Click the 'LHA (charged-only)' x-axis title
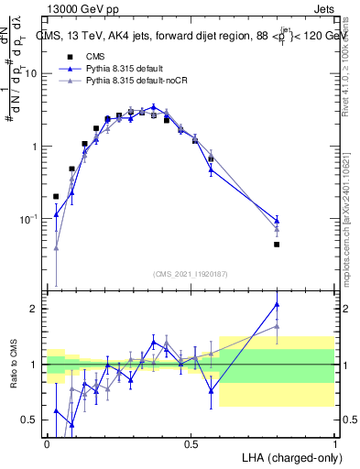pos(289,456)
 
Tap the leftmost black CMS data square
pos(56,196)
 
